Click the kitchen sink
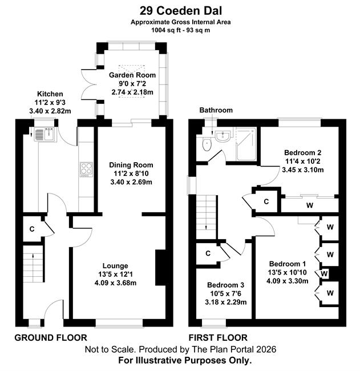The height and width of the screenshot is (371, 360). point(45,134)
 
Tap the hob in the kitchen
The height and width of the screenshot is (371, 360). point(86,170)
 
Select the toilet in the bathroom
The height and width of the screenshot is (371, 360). point(207,144)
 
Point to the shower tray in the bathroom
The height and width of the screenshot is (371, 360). point(246,144)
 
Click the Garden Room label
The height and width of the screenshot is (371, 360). point(132,75)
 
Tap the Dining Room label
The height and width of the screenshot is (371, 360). point(131,165)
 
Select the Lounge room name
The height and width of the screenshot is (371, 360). point(115,266)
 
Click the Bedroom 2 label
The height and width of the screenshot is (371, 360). point(302,152)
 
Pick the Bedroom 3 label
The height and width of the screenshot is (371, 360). point(226,285)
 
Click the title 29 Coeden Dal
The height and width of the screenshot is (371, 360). point(181,11)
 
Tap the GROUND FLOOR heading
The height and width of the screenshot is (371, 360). point(51,338)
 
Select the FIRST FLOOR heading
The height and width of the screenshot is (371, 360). point(218,338)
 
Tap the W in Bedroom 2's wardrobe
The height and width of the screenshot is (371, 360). point(310,205)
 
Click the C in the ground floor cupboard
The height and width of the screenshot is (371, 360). point(32,229)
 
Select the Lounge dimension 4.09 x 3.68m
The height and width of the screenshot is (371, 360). point(115,283)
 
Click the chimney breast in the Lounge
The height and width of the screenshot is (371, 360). point(161,268)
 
